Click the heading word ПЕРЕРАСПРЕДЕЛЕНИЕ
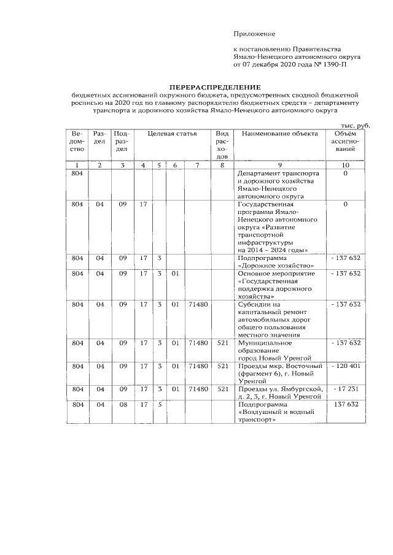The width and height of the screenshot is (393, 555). click(215, 88)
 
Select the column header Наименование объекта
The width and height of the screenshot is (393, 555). click(279, 134)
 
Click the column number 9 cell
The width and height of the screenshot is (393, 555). click(279, 165)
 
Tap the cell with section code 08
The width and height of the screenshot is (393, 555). click(122, 405)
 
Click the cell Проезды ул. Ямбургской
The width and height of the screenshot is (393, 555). click(279, 392)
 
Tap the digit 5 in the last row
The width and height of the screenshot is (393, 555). click(158, 405)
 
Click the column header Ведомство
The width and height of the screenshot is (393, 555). click(77, 141)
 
